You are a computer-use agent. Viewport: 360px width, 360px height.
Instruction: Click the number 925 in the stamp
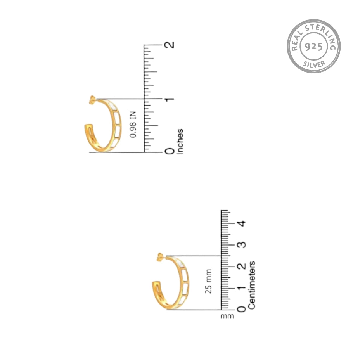click(314, 47)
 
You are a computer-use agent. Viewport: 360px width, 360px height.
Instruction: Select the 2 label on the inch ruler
click(170, 45)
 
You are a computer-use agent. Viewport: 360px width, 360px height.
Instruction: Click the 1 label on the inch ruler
click(170, 99)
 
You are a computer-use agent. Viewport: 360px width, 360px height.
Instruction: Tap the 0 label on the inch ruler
click(170, 151)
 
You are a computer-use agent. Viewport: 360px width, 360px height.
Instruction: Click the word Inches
click(180, 142)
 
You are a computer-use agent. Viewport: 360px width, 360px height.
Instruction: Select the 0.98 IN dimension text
click(133, 125)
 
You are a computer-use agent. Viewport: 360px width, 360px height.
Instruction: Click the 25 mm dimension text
click(208, 281)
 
